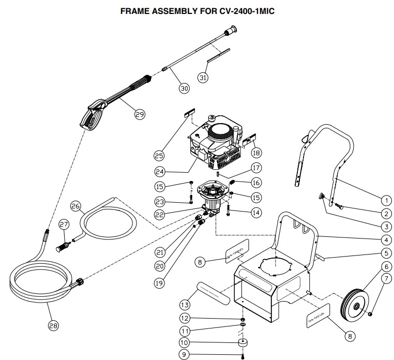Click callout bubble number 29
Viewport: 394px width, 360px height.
click(x=140, y=115)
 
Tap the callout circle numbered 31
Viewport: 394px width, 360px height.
click(x=204, y=77)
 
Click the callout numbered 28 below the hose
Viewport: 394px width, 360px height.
click(x=53, y=325)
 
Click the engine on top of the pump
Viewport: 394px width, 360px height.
click(x=215, y=142)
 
